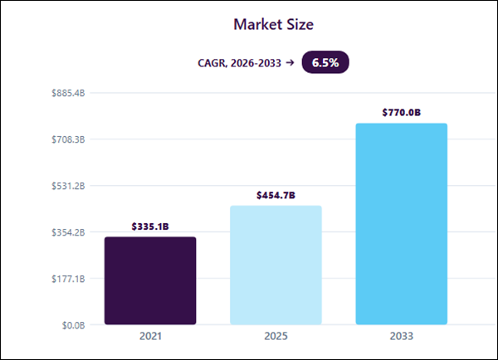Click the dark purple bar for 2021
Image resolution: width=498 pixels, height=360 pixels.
point(150,280)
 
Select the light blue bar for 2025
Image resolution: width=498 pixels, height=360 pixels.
point(276,265)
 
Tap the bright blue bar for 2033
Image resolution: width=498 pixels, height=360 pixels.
point(402,224)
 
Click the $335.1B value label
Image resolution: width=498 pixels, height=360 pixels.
point(150,226)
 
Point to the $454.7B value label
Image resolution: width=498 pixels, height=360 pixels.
point(276,195)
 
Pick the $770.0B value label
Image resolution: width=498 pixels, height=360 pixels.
point(402,112)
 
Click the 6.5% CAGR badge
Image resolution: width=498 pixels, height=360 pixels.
point(325,62)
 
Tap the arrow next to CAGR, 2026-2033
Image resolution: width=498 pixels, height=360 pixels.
point(290,62)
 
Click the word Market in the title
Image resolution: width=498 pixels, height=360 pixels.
point(257,24)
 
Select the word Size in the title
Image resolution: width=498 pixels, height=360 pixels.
point(300,24)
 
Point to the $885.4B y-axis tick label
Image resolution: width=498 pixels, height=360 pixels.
point(68,94)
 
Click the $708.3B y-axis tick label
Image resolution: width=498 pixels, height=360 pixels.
point(68,139)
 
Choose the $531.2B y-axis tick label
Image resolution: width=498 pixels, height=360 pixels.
point(68,186)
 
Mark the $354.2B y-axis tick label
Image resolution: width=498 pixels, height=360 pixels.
point(68,232)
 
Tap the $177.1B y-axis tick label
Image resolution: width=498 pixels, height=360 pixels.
point(68,279)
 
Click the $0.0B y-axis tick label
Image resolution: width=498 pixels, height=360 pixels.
point(73,325)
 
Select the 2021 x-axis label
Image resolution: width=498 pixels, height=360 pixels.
point(150,336)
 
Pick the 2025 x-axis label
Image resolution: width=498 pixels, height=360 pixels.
point(276,336)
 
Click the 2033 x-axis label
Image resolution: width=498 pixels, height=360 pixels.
point(402,336)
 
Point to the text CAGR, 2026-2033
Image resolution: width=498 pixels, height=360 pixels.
point(240,63)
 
